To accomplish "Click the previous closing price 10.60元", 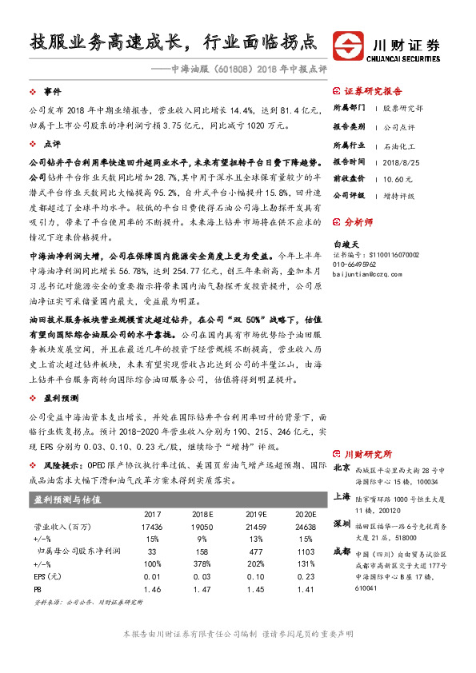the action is point(398,179).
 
